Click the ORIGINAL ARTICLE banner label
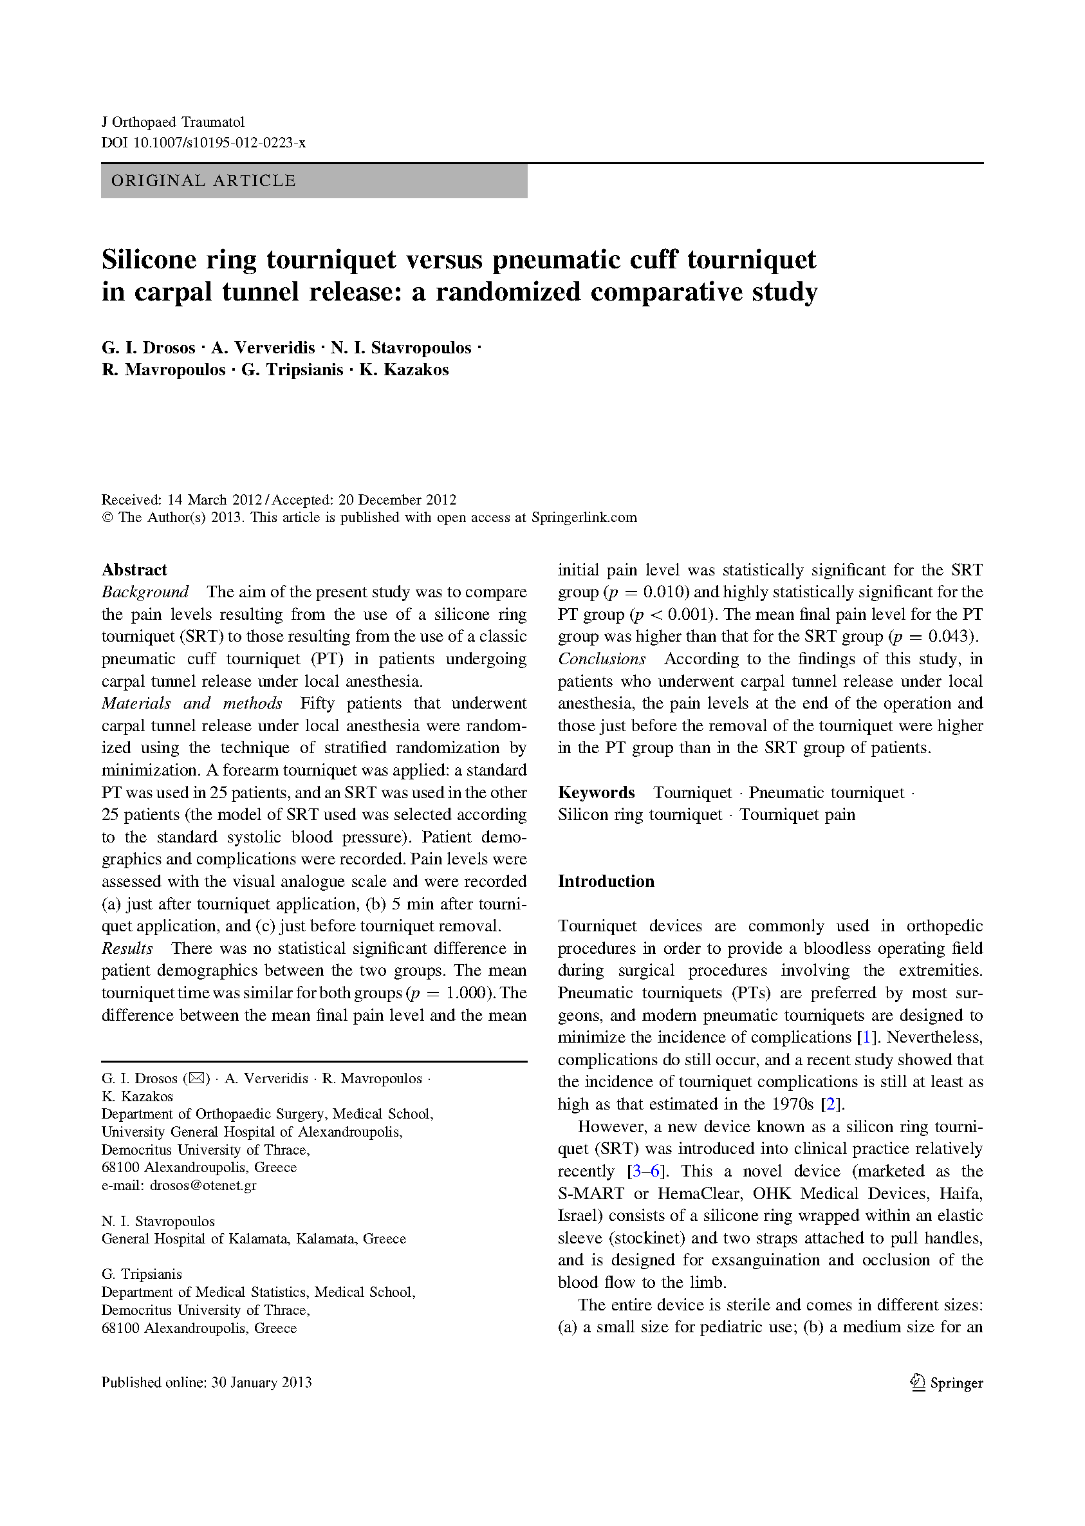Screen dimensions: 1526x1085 coord(203,181)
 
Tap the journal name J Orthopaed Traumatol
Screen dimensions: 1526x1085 coord(172,122)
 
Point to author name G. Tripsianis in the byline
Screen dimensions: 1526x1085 coord(292,369)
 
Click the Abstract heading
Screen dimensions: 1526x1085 coord(134,570)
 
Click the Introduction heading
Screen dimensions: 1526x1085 coord(606,881)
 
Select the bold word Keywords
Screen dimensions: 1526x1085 coord(596,792)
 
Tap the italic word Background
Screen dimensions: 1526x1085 coord(145,592)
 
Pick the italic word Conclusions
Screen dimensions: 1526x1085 coord(602,659)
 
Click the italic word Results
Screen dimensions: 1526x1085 coord(127,948)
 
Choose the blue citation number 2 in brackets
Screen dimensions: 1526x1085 coord(830,1104)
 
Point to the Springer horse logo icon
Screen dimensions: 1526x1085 coord(917,1382)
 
